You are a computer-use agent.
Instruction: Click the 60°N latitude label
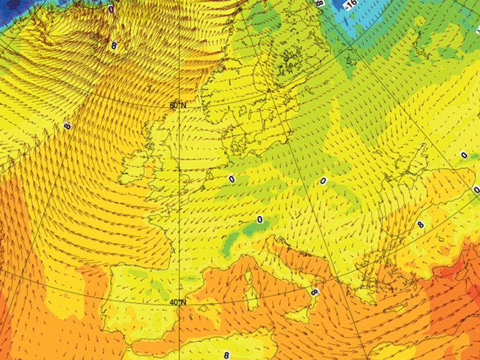pos(178,106)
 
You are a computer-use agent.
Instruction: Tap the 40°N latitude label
pos(178,302)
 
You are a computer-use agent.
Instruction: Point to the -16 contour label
pos(351,6)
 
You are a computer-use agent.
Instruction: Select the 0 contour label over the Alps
pos(260,219)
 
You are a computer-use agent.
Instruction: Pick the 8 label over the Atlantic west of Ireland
pos(67,126)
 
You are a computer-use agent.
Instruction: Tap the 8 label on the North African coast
pos(226,355)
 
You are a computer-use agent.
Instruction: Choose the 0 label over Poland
pos(322,181)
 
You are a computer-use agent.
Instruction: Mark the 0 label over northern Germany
pos(231,178)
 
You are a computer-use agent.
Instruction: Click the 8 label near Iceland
pos(114,45)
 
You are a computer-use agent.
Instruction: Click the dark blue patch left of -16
pos(336,6)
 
